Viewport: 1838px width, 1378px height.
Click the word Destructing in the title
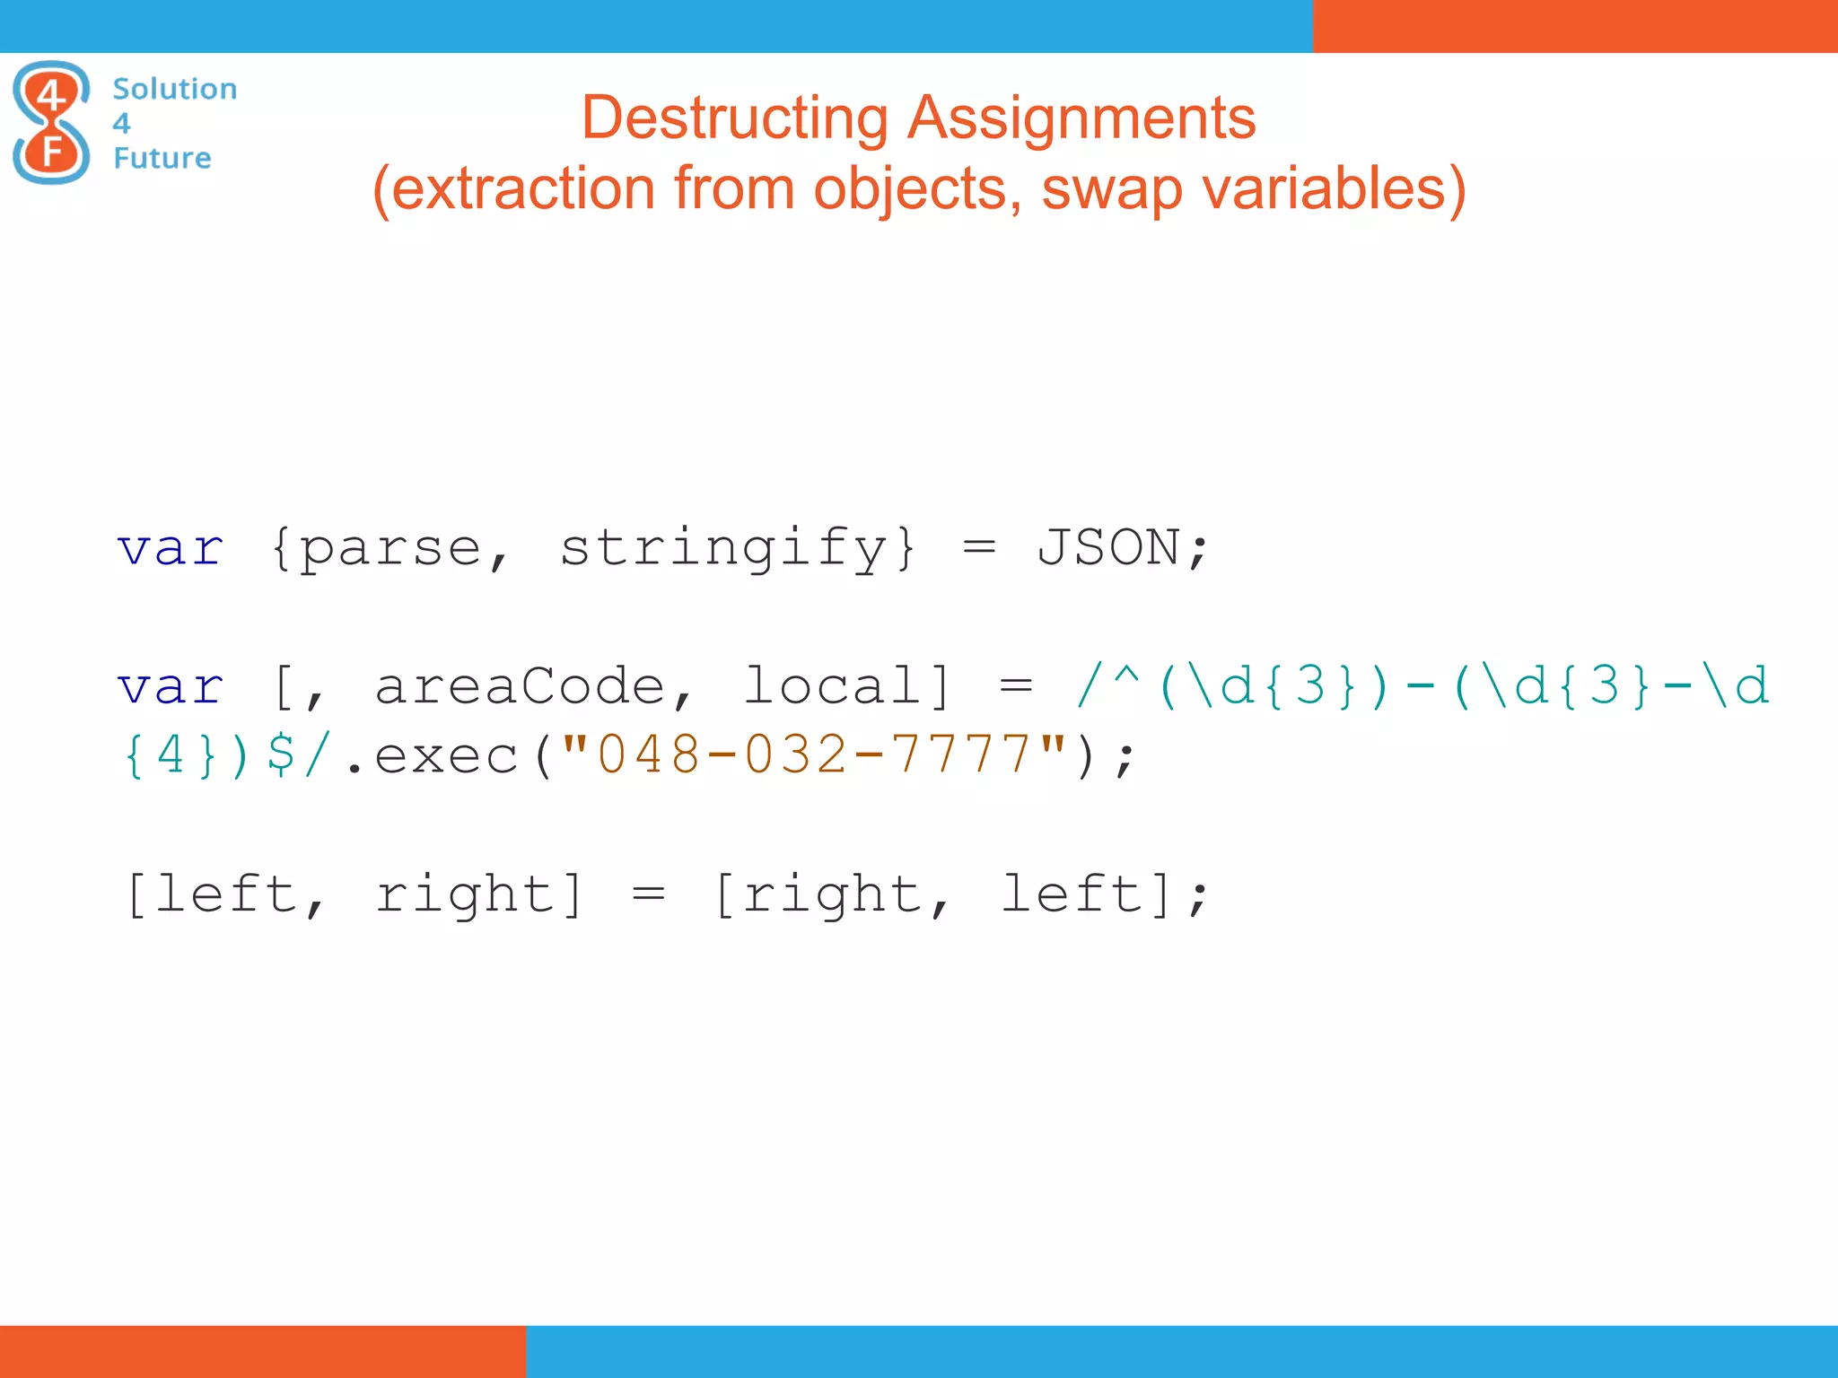(734, 118)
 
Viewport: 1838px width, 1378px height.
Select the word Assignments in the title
(1081, 118)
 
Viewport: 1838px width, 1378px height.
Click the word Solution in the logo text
(175, 89)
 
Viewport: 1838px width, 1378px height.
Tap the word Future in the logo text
(162, 158)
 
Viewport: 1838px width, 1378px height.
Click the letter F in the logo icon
(52, 153)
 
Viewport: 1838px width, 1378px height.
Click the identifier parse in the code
(390, 548)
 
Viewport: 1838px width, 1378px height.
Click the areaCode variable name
(520, 686)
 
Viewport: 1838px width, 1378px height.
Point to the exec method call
(446, 755)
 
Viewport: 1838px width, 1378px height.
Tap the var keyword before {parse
(171, 548)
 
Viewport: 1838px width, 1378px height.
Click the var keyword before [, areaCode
(171, 687)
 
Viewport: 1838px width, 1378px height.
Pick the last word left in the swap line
(1072, 894)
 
